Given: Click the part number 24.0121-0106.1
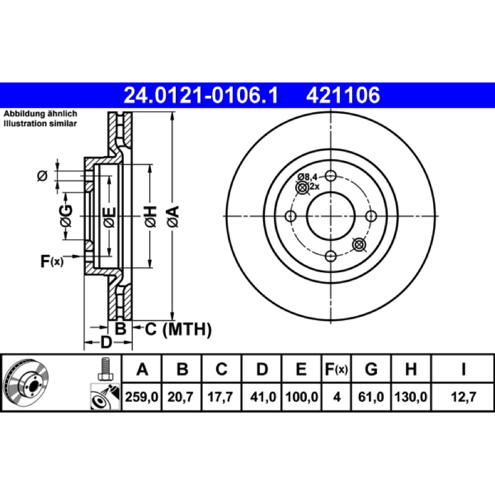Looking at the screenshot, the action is click(x=200, y=95).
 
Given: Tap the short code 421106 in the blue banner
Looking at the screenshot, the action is click(x=343, y=95).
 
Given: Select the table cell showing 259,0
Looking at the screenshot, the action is click(x=142, y=397).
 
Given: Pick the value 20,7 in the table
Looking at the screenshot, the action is click(x=180, y=397).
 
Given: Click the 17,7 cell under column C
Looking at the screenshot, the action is click(x=220, y=397).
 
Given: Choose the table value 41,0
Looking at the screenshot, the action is click(x=263, y=397).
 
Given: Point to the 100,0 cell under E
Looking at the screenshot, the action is click(x=302, y=397).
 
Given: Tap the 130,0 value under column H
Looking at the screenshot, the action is click(x=411, y=397).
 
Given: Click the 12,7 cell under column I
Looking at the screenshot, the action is click(x=463, y=397).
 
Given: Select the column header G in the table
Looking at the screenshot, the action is click(x=371, y=369).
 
